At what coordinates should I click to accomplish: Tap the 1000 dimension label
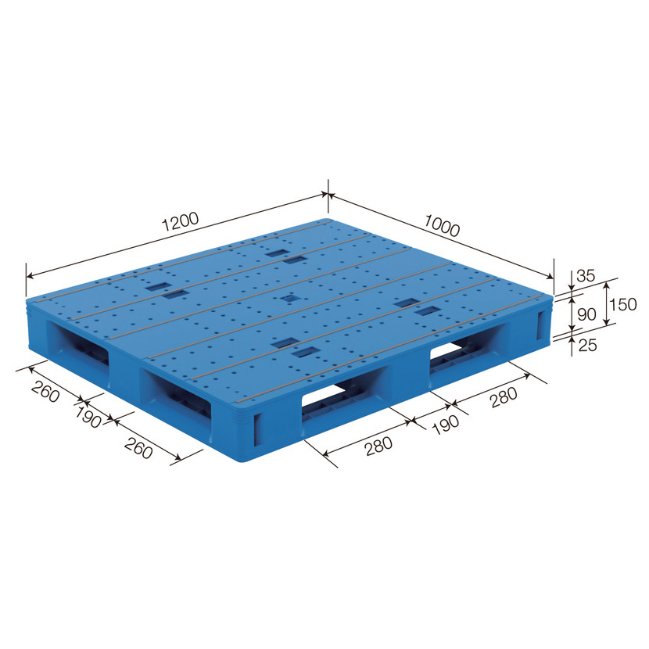[442, 225]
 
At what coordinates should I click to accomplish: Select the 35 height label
[585, 275]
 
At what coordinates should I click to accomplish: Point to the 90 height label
[586, 314]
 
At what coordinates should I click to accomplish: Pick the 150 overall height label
[623, 305]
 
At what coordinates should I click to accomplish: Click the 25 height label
[587, 345]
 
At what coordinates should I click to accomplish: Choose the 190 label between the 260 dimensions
[88, 417]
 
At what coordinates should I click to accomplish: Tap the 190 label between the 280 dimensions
[446, 424]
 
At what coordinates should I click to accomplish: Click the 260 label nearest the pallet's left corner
[45, 391]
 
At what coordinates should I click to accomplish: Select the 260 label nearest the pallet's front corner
[138, 448]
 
